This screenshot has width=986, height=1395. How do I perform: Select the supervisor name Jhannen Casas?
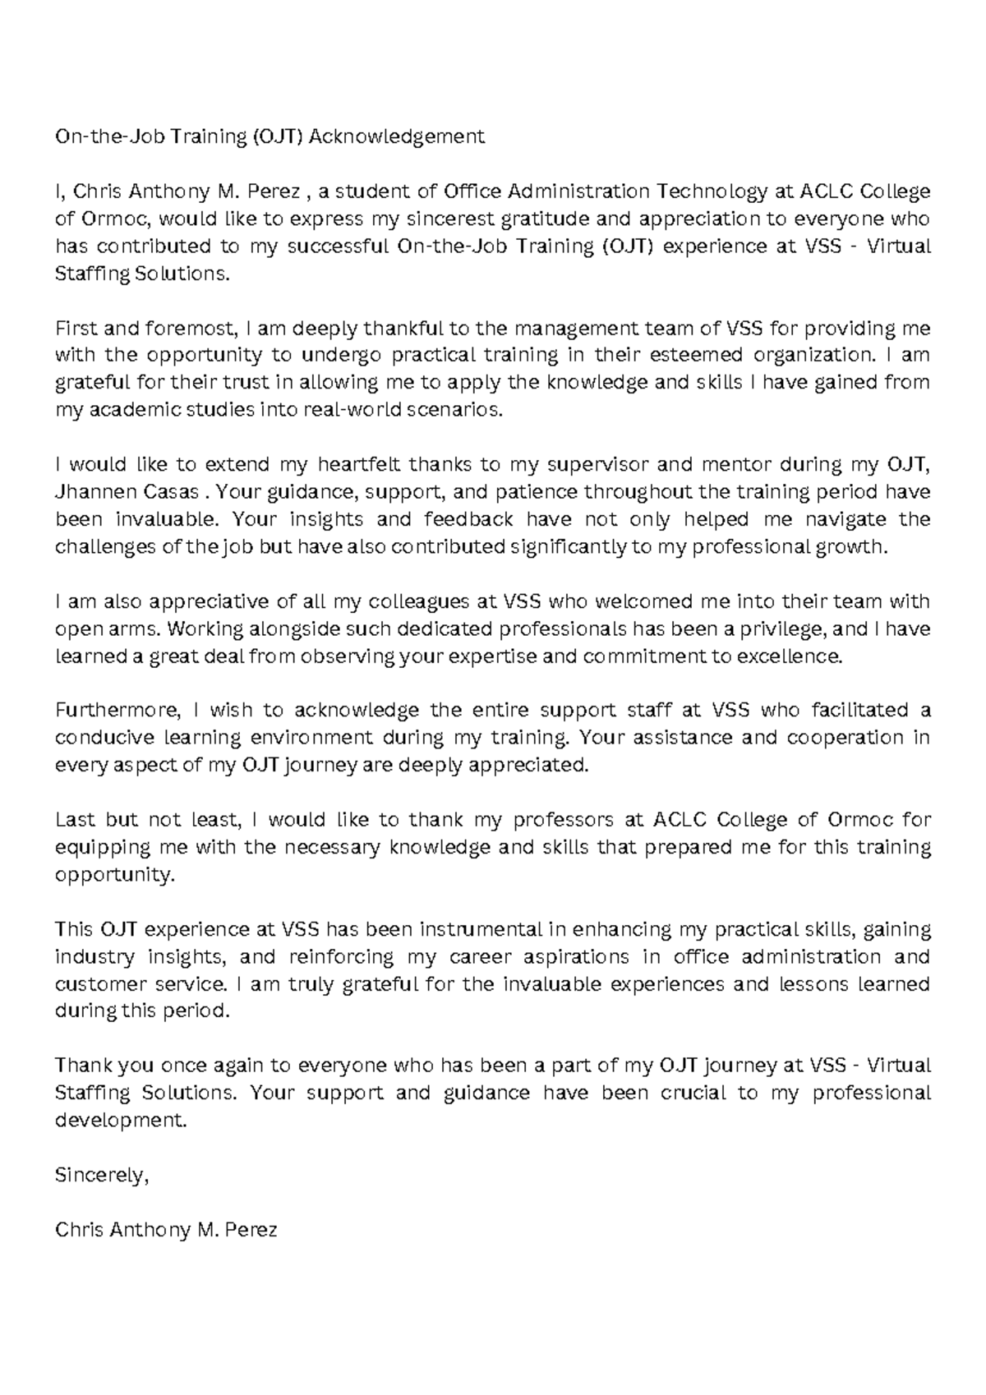pyautogui.click(x=127, y=493)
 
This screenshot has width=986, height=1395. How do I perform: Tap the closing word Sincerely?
pyautogui.click(x=102, y=1176)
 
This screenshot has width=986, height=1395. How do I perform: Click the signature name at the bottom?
pyautogui.click(x=166, y=1230)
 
